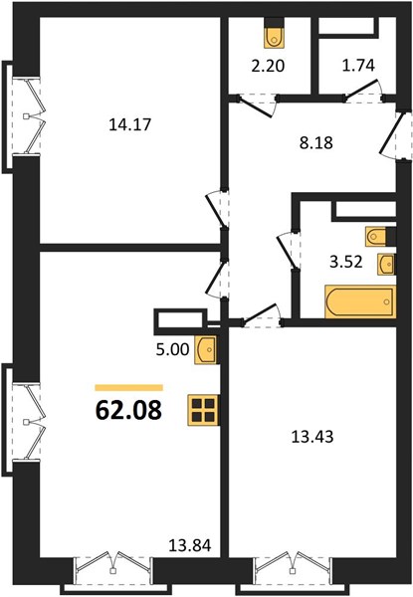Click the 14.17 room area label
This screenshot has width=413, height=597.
[130, 124]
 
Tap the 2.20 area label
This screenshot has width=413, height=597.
[268, 67]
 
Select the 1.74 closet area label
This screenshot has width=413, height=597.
[358, 66]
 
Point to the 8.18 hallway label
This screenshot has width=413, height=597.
[315, 143]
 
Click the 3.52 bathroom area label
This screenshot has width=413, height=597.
[346, 262]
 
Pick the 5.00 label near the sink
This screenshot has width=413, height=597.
[172, 349]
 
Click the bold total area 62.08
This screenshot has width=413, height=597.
[128, 410]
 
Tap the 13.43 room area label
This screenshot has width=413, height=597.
[312, 437]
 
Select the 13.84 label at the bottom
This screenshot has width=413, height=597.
[189, 546]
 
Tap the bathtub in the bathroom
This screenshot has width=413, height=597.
[360, 301]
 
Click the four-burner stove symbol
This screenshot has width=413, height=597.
[203, 410]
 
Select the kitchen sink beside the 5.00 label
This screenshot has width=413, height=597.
[206, 349]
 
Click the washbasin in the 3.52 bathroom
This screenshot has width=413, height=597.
[385, 264]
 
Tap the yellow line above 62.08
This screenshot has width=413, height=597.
[128, 388]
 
